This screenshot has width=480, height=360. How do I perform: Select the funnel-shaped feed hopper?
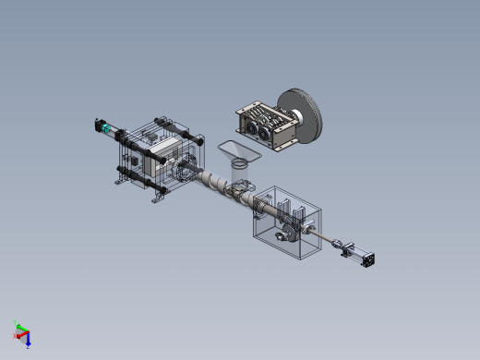tap(238, 150)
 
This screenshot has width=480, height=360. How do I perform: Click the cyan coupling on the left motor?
tap(106, 128)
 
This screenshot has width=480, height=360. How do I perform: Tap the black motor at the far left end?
tap(98, 123)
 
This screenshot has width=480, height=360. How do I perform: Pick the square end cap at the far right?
tap(368, 259)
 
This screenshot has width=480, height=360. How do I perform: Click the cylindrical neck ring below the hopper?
tap(239, 164)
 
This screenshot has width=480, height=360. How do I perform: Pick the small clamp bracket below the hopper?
tap(242, 189)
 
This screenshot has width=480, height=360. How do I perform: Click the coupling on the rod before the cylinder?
tap(342, 246)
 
